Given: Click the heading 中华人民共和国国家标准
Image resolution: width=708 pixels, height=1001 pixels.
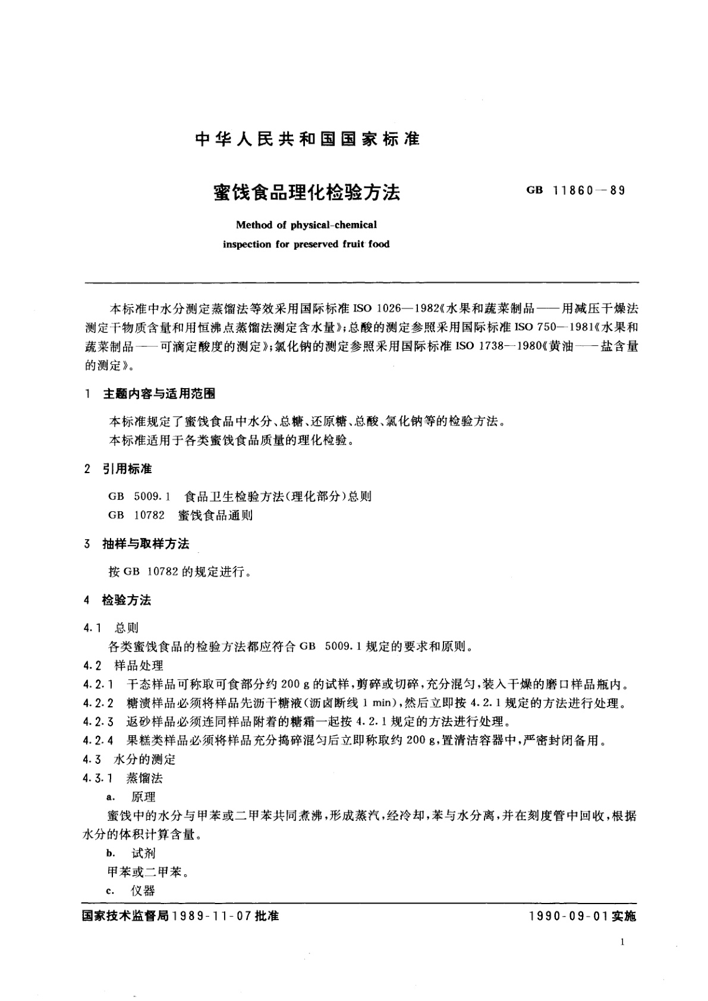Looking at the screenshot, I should [307, 138].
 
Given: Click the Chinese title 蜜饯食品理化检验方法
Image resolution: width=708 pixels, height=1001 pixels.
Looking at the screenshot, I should [307, 192].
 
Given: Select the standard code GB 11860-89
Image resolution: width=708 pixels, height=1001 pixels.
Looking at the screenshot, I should [575, 191].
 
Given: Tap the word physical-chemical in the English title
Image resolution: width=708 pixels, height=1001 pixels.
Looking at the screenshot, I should [333, 225].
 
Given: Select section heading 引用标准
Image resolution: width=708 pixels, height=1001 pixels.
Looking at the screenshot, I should [127, 469].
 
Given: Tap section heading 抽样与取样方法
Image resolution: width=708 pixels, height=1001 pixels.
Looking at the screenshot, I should [146, 544].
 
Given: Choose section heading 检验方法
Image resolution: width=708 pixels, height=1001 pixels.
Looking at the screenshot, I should [127, 600].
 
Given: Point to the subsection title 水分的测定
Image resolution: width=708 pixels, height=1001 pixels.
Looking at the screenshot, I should [145, 759].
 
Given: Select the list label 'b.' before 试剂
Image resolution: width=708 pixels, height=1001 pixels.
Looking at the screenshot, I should [110, 854].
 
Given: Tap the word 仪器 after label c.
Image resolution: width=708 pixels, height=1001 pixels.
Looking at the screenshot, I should [143, 890].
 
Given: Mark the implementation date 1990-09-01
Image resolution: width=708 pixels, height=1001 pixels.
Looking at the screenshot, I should [567, 916].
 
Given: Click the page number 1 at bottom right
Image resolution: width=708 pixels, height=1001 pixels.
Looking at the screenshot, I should [622, 942].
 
